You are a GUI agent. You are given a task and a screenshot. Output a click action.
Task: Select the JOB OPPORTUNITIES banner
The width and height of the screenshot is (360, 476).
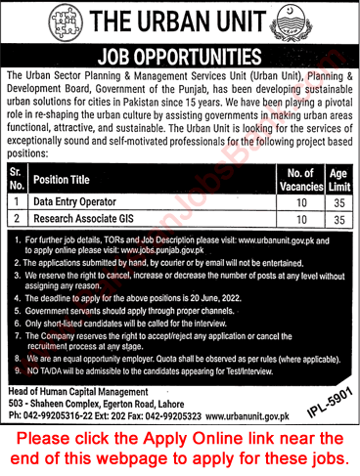pos(181,55)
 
